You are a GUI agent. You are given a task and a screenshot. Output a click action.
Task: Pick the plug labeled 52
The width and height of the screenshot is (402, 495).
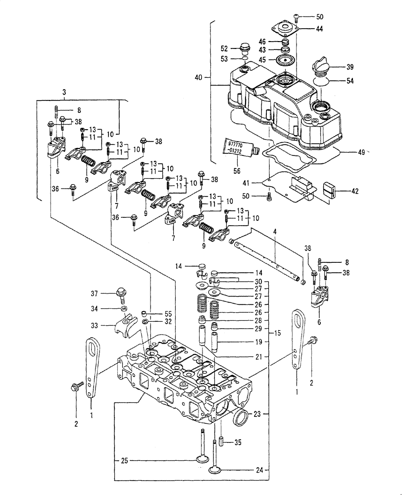(x=244, y=49)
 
